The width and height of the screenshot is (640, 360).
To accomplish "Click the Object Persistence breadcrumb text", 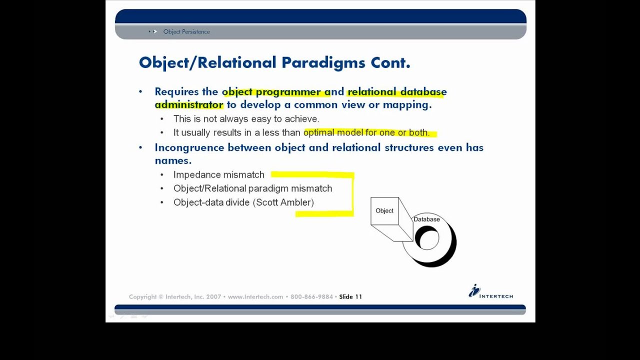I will (x=186, y=31).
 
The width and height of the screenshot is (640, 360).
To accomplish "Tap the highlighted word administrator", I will (x=189, y=104).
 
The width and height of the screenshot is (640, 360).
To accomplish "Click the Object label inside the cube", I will (x=384, y=210).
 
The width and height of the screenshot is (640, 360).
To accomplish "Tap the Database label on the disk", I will (x=426, y=219).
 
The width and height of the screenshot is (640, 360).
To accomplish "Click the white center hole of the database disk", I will (x=427, y=239).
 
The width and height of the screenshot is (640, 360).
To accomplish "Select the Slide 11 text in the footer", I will (x=350, y=296).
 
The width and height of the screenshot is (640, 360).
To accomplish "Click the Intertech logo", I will (x=490, y=291).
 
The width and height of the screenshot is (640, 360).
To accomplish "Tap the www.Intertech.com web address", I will (x=255, y=296).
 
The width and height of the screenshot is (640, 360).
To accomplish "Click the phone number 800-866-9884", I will (x=311, y=296).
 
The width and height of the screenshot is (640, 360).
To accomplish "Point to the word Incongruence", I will (x=189, y=147).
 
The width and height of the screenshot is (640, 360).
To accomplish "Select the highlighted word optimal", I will (x=319, y=132).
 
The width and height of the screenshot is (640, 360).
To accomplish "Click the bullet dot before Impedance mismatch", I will (x=162, y=175).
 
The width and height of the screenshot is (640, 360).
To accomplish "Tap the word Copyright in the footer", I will (x=143, y=296).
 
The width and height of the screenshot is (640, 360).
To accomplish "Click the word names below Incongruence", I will (x=172, y=160).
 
